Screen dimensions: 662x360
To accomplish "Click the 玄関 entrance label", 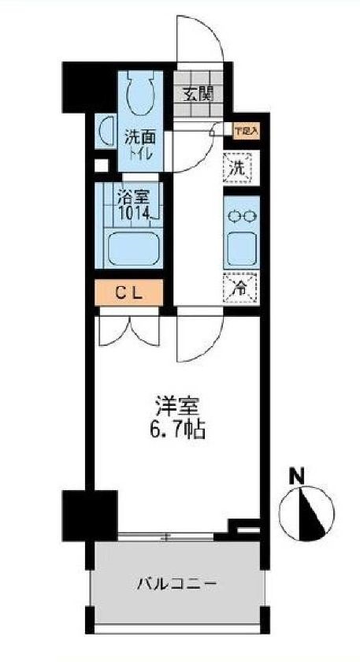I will pyautogui.click(x=196, y=95).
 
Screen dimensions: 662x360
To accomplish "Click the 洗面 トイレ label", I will pyautogui.click(x=141, y=143).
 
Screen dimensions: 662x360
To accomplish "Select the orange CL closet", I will pyautogui.click(x=129, y=292).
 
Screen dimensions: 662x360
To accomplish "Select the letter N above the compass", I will pyautogui.click(x=297, y=476).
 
